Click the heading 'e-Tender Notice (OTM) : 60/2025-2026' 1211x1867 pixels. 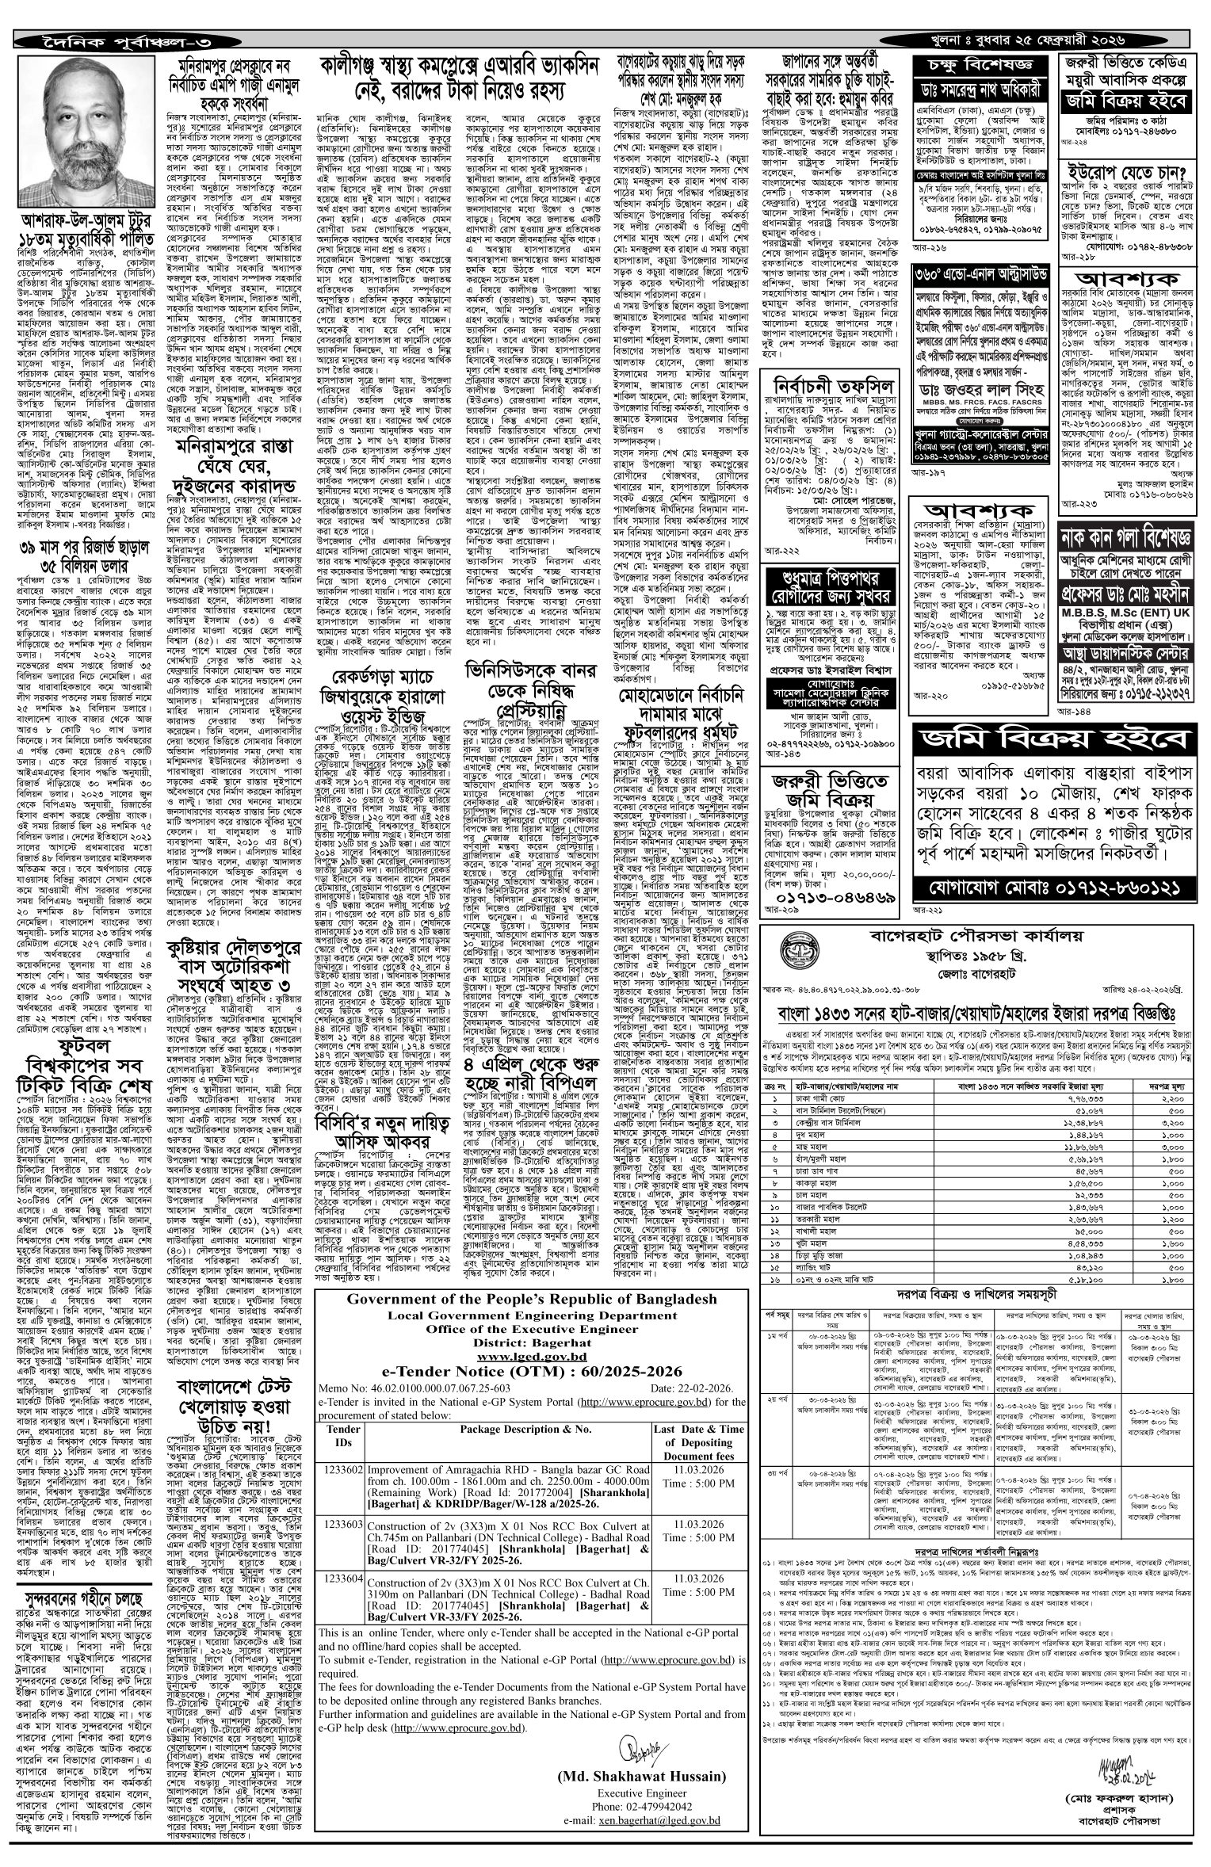pyautogui.click(x=531, y=1370)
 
